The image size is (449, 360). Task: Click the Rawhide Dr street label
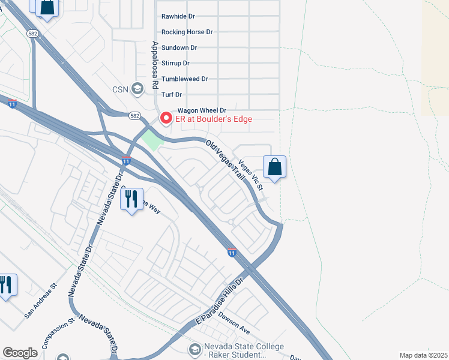(x=178, y=16)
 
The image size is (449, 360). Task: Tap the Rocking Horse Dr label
(x=187, y=32)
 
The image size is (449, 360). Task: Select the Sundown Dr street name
(x=179, y=47)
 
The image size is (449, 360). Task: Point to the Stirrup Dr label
(x=176, y=63)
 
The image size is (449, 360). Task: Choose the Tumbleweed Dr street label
(x=185, y=79)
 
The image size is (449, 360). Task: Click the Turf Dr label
(x=172, y=95)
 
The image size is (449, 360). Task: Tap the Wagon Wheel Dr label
(x=202, y=110)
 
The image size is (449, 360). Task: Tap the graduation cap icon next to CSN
(x=137, y=89)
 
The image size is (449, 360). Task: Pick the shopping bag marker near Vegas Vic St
(x=274, y=167)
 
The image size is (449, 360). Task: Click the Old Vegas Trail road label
(x=226, y=161)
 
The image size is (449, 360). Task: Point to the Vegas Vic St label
(x=252, y=175)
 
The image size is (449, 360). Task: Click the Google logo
(x=20, y=353)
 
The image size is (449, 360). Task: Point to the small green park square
(x=152, y=140)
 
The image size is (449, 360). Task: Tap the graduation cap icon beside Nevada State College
(x=194, y=349)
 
